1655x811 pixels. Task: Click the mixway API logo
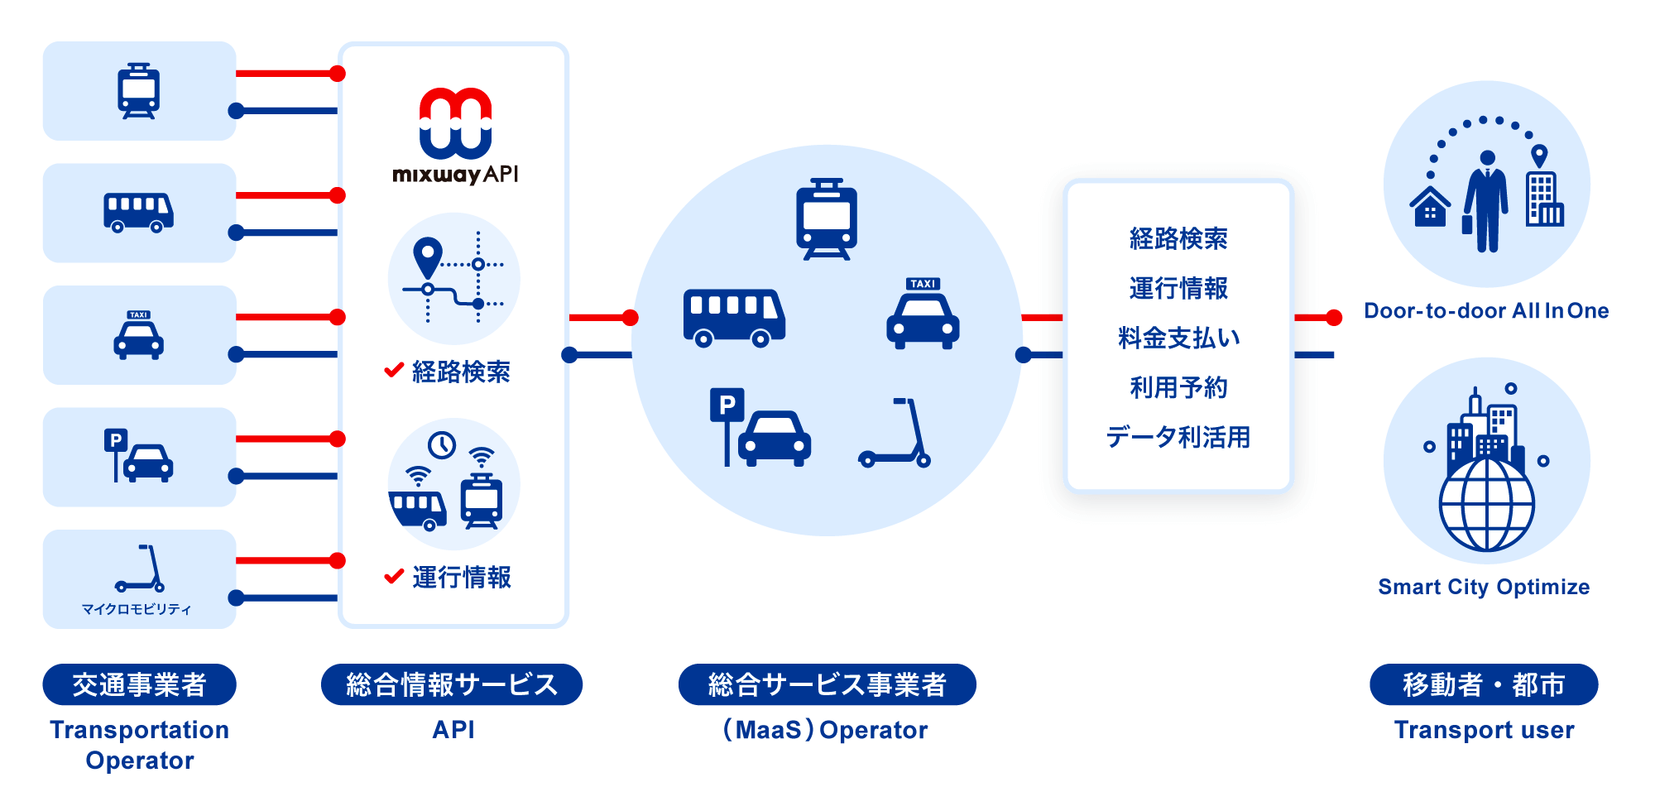pos(455,135)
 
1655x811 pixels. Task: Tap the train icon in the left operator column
pos(139,91)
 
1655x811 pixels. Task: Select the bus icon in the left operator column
pos(138,213)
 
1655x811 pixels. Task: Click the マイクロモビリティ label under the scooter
pos(137,609)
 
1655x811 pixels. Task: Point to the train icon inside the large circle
pos(827,219)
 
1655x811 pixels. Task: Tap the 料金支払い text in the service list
pos(1178,338)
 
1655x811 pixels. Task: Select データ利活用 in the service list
pos(1178,437)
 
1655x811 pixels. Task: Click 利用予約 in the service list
pos(1178,387)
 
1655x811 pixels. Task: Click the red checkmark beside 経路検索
pos(394,370)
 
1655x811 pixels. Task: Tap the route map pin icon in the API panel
pos(428,257)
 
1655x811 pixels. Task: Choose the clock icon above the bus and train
pos(442,445)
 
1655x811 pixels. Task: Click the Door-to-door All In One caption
pos(1486,311)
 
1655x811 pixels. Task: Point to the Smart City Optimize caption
pos(1484,588)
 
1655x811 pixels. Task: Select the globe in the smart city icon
pos(1486,505)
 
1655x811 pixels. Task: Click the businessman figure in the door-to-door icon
pos(1486,201)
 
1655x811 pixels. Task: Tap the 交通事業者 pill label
pos(139,684)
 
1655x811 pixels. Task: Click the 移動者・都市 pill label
pos(1484,684)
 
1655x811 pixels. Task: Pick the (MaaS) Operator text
pos(826,730)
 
